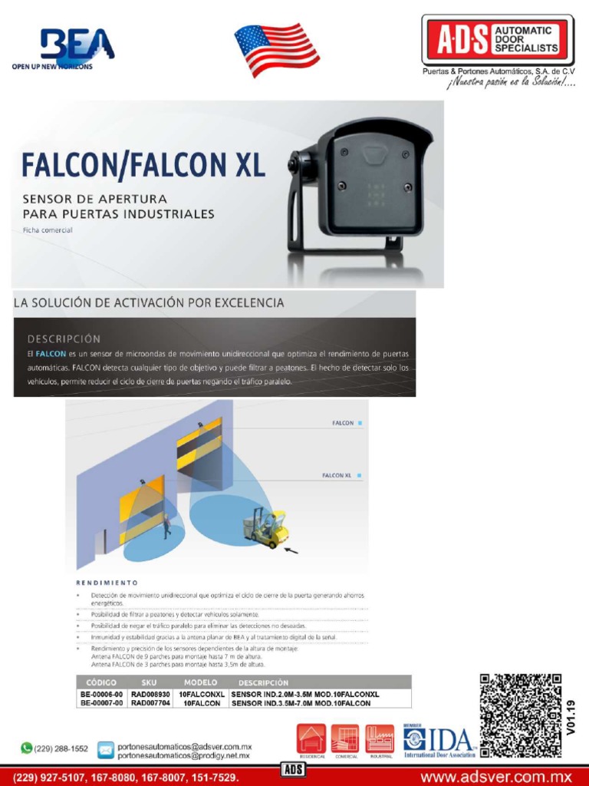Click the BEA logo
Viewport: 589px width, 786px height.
pos(73,48)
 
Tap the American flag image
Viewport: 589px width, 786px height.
pos(276,49)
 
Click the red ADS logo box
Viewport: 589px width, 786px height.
pos(498,40)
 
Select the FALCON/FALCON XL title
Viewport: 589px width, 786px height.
pos(143,165)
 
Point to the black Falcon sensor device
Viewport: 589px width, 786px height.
pos(360,188)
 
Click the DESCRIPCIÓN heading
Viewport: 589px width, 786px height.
pos(64,338)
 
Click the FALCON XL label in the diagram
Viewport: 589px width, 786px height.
pos(338,476)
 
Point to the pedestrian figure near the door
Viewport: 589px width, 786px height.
pos(166,526)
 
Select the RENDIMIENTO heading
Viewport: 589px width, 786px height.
pos(107,582)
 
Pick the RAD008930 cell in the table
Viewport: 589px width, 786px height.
pos(150,694)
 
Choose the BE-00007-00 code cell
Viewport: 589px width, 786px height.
pos(101,703)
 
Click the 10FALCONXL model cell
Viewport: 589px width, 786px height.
pos(202,694)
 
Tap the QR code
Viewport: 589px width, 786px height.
pos(520,715)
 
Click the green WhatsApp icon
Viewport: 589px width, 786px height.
pos(27,748)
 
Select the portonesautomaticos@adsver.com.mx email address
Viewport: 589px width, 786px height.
pos(184,746)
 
